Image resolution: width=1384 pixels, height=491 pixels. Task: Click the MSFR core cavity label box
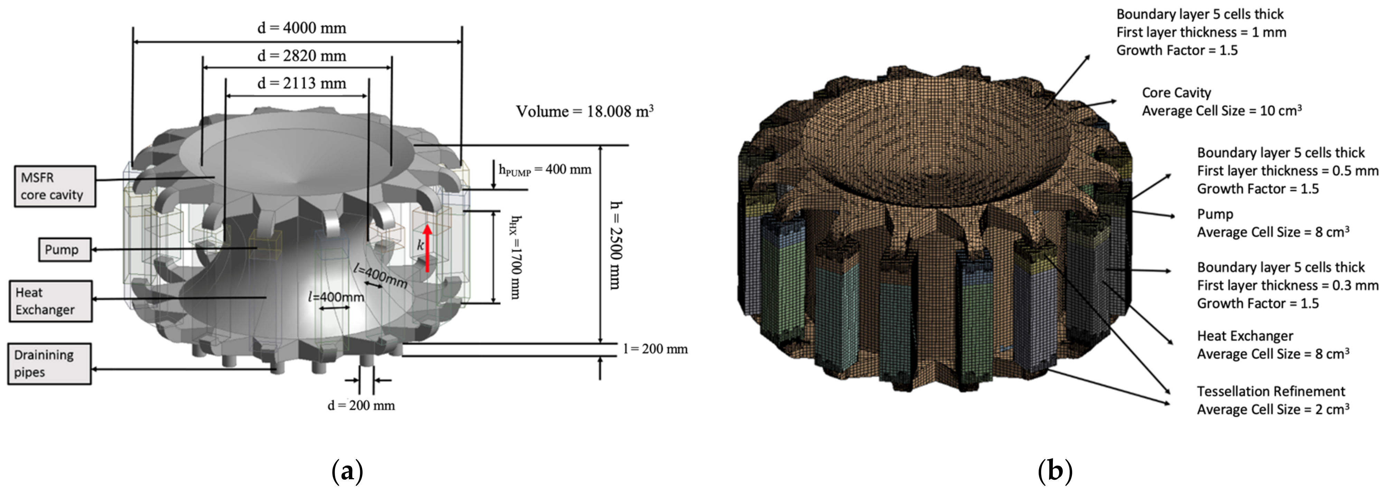(x=55, y=186)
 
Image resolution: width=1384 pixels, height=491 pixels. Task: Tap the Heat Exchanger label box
(x=50, y=301)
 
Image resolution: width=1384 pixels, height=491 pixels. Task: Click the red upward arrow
(x=428, y=248)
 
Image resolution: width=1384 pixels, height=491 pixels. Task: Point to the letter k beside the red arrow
(x=420, y=245)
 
